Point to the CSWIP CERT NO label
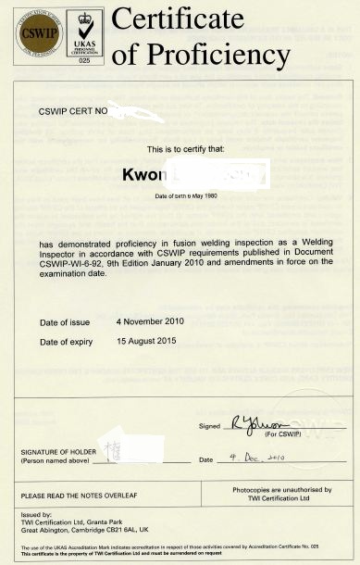point(74,111)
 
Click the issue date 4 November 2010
point(150,320)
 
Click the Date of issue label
point(68,321)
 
